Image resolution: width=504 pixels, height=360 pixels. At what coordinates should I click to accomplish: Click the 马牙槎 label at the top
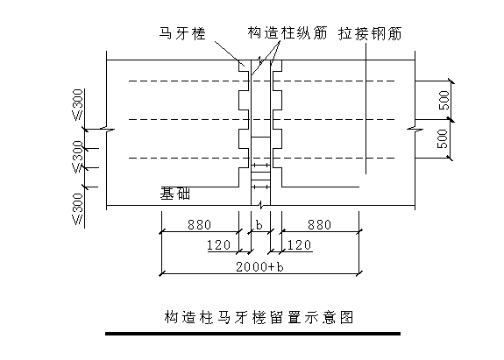coord(182,33)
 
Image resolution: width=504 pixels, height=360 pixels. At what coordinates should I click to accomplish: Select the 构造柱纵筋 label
coord(287,33)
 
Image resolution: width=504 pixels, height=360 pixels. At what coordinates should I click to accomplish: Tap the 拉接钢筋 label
coord(370,33)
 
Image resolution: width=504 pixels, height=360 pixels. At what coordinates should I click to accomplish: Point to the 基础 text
coord(174,194)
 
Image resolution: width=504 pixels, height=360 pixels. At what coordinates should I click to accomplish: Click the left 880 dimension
coord(200,225)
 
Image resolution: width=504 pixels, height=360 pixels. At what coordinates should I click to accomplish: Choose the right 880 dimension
coord(320,225)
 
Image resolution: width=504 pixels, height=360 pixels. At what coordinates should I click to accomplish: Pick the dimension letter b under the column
coord(259,225)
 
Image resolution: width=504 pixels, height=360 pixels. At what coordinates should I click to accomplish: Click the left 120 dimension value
coord(219,245)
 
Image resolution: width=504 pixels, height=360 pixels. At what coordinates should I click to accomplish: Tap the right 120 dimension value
coord(299,245)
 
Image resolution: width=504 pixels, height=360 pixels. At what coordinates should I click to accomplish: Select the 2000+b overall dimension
coord(260,267)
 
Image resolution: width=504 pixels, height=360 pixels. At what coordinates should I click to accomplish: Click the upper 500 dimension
coord(444,100)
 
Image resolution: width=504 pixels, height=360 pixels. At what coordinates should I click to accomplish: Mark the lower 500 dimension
coord(443,138)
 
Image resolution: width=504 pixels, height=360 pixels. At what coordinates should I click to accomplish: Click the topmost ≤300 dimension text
coord(78,105)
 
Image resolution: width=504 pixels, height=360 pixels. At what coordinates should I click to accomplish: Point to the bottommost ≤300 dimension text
coord(78,208)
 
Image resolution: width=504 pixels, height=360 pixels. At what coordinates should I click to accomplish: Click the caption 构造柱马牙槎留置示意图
coord(259,317)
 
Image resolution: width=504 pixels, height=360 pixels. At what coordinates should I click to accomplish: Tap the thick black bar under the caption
coord(253,334)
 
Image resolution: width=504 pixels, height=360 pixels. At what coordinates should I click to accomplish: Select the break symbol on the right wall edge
coord(415,129)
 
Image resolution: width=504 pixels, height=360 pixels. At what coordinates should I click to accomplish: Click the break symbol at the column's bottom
coord(261,205)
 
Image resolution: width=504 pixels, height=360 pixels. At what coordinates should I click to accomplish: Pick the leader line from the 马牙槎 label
coord(230,53)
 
